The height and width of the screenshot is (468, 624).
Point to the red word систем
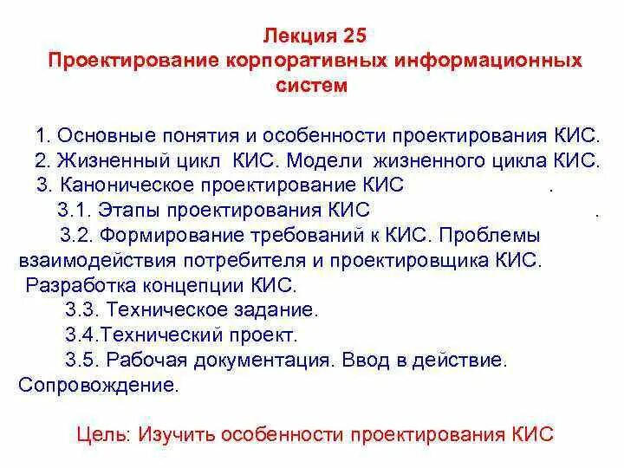point(312,86)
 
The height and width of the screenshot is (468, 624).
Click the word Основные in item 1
point(108,137)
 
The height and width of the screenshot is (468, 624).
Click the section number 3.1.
point(74,210)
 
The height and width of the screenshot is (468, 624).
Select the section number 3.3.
point(81,309)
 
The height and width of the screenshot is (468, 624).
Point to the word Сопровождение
point(98,384)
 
